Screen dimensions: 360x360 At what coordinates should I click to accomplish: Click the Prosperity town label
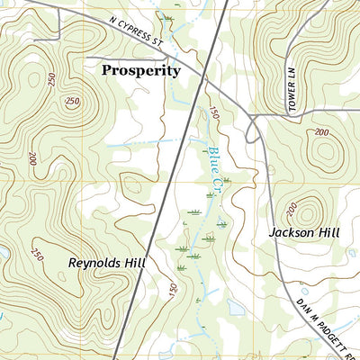tap(140, 69)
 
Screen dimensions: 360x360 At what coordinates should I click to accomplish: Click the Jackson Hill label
tap(304, 232)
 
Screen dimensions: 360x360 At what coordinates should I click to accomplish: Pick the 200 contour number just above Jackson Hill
tap(292, 210)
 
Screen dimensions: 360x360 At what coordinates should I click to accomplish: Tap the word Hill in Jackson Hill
tap(328, 232)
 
